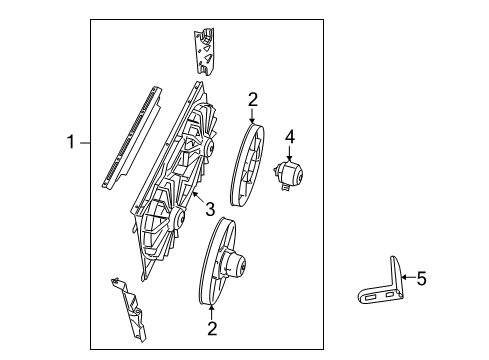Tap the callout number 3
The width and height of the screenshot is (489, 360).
(210, 208)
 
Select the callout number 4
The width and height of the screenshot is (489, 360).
(290, 135)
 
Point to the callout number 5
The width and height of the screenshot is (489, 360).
(421, 280)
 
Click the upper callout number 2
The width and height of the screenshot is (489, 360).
(253, 99)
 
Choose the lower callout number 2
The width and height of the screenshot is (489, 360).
(211, 327)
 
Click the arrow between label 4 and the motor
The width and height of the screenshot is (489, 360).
(290, 152)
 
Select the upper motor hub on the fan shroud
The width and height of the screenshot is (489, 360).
(209, 147)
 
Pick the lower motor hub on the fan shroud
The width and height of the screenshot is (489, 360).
(174, 217)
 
